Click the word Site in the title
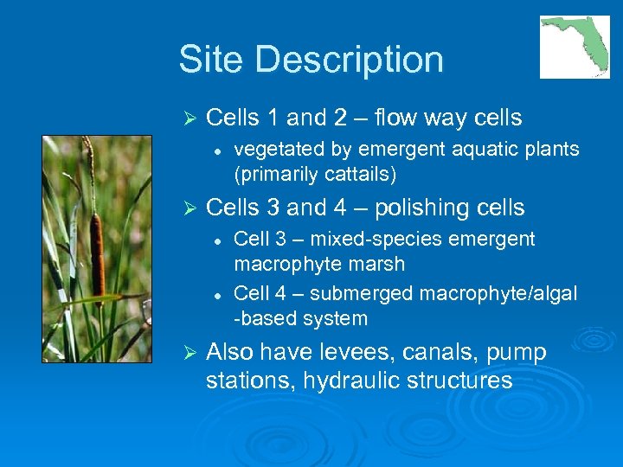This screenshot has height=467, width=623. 213,61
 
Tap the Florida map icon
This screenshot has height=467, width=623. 575,47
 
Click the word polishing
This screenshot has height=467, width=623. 418,208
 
